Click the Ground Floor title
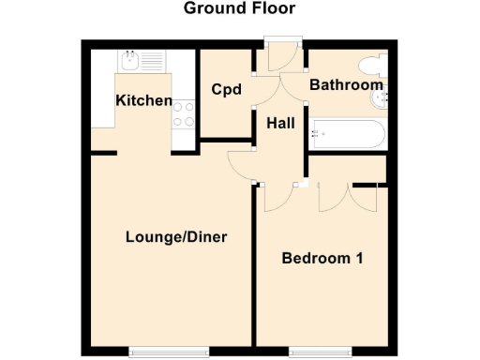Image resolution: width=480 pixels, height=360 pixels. [239, 9]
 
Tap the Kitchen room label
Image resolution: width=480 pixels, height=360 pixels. [143, 100]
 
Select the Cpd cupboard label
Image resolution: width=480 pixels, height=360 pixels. [226, 91]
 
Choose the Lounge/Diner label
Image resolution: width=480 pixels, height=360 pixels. [176, 236]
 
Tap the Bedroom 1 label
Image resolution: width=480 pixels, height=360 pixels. [322, 258]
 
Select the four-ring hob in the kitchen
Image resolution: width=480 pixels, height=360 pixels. [184, 113]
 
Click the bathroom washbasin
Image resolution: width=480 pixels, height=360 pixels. [378, 97]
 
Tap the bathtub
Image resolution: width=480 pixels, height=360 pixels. [347, 133]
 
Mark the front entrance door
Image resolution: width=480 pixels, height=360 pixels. [281, 56]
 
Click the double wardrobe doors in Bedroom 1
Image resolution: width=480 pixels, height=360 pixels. [348, 196]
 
